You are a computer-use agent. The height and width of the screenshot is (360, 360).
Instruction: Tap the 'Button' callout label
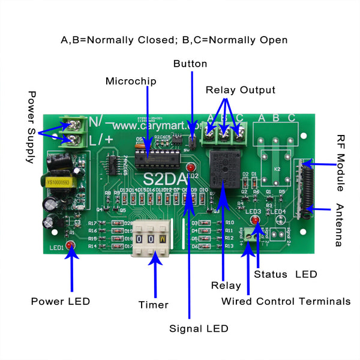[x=190, y=64]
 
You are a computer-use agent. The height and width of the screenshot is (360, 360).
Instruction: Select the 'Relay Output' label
[x=240, y=90]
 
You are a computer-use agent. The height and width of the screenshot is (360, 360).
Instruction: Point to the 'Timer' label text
[x=153, y=305]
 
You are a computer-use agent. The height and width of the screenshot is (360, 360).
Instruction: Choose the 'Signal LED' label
[x=199, y=328]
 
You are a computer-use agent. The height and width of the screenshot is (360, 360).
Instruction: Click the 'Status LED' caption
[x=285, y=274]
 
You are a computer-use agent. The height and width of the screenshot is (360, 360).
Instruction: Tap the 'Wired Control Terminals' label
[x=286, y=301]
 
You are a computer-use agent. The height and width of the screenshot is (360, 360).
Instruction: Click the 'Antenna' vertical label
[x=339, y=226]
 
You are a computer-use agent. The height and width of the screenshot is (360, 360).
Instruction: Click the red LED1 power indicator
[x=70, y=245]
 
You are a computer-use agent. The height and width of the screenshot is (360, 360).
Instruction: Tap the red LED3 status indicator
[x=254, y=221]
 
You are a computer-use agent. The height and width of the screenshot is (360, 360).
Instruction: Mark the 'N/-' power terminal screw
[x=74, y=125]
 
